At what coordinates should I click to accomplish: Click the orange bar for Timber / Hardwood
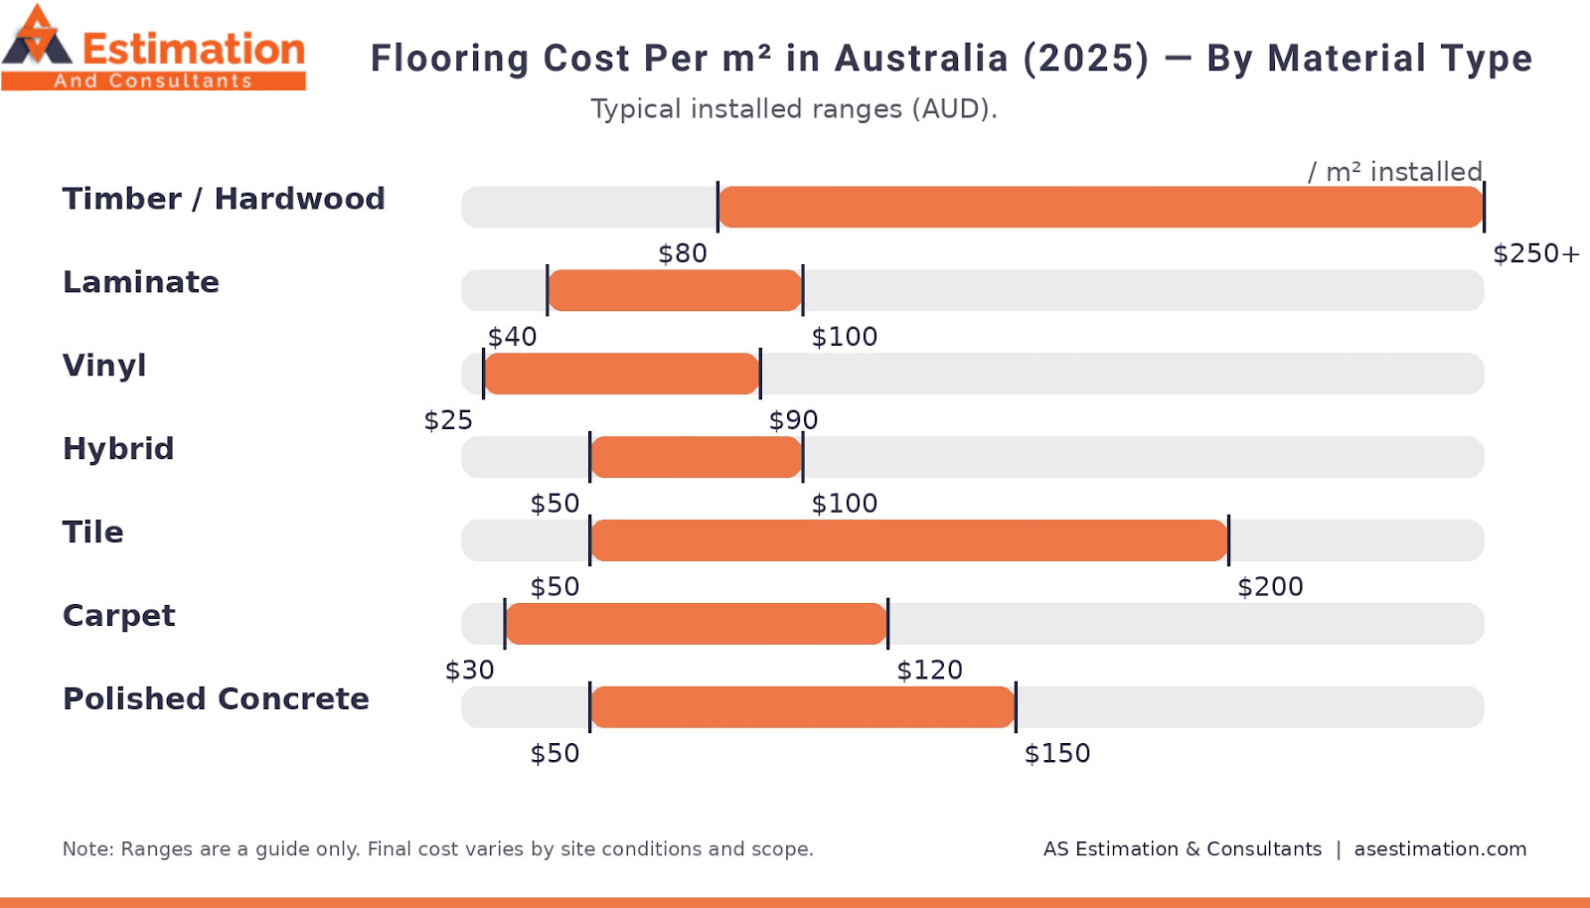[x=1100, y=207]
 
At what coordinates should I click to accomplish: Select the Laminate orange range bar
[x=675, y=290]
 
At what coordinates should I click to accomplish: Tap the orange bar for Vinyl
[x=622, y=374]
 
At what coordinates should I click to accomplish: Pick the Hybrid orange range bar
[x=696, y=457]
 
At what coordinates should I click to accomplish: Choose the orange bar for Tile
[x=909, y=540]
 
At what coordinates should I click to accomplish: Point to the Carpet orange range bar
[x=696, y=624]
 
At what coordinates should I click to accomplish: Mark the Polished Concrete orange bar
[x=803, y=707]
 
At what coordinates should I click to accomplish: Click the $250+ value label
[x=1535, y=254]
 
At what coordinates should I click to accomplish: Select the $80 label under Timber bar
[x=683, y=254]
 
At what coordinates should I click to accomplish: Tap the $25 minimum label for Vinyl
[x=448, y=421]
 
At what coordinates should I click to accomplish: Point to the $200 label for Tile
[x=1270, y=587]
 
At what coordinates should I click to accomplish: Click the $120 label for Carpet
[x=929, y=671]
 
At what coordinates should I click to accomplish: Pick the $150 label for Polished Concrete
[x=1057, y=754]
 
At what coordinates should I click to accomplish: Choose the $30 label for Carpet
[x=469, y=671]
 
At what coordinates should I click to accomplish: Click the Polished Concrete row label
[x=216, y=699]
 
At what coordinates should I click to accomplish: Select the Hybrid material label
[x=118, y=449]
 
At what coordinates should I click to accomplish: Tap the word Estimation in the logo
[x=193, y=49]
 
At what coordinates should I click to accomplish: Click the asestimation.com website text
[x=1440, y=849]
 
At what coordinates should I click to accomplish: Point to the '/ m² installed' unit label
[x=1394, y=172]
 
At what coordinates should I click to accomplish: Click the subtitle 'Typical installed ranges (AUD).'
[x=793, y=109]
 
